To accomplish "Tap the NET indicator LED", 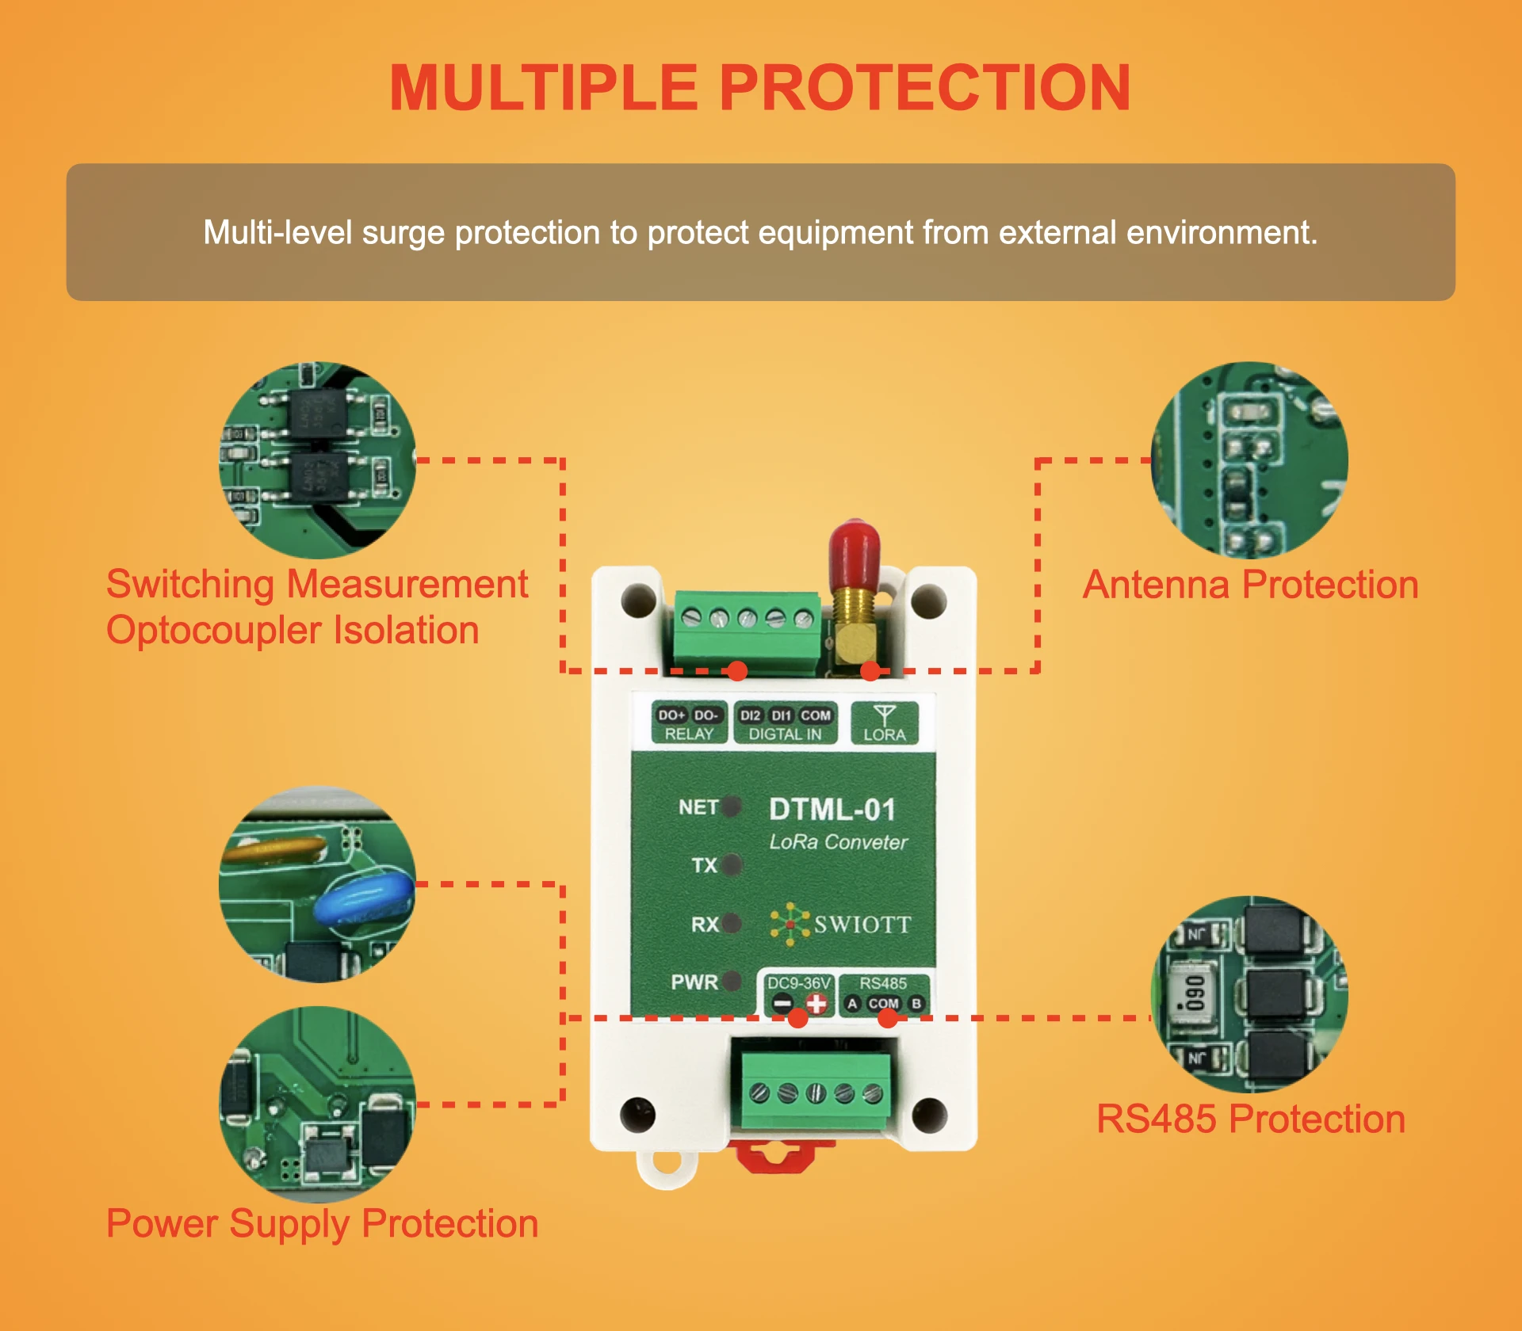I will tap(732, 807).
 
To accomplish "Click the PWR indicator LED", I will tap(732, 981).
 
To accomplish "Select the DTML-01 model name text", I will tap(832, 810).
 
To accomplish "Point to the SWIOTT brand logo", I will tap(841, 924).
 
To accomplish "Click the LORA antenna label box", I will tap(884, 723).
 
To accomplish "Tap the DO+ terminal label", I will tap(671, 715).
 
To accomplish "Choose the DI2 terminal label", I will tap(750, 715).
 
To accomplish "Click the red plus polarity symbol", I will tap(816, 1004).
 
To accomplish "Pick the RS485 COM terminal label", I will tap(883, 1004).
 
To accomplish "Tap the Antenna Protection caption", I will tap(1250, 585).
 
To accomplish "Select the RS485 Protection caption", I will tap(1250, 1119).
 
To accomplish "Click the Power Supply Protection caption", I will tap(322, 1223).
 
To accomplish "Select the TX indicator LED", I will tap(732, 864).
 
